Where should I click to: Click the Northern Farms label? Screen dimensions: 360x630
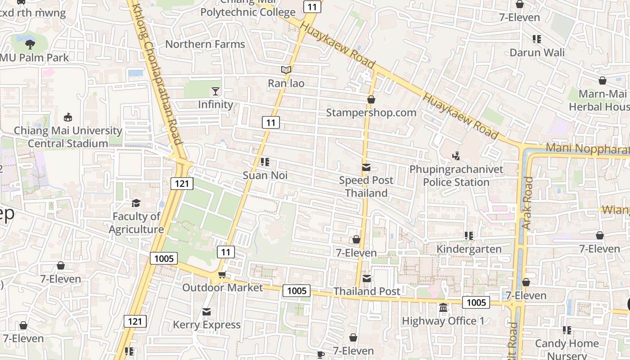point(205,44)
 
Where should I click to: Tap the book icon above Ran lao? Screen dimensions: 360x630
point(286,70)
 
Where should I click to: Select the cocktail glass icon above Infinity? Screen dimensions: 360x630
point(216,91)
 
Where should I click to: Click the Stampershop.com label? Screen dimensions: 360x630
point(371,112)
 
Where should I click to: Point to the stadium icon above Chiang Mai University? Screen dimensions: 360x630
point(68,117)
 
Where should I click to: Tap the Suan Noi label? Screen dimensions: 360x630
point(265,175)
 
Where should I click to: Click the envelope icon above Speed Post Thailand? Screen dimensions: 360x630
point(366,167)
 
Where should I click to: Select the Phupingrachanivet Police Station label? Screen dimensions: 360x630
point(456,176)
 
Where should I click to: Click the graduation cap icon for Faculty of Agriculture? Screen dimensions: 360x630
point(136,203)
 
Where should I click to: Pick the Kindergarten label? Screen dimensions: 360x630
point(469,249)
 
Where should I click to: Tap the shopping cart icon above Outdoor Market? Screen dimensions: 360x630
point(221,274)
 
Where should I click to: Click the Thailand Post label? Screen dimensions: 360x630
point(367,291)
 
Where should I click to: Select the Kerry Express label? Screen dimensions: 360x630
point(207,324)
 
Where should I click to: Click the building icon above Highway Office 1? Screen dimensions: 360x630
point(443,308)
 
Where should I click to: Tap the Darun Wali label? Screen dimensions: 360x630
point(537,52)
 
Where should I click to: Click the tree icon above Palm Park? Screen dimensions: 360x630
point(30,44)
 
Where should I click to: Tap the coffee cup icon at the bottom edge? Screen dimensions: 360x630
point(320,355)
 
